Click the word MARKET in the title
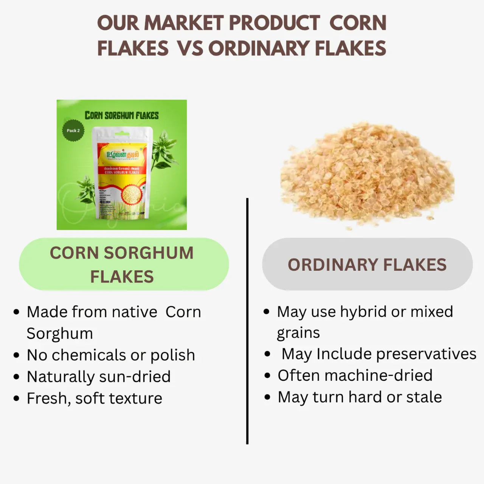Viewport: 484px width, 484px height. point(184,23)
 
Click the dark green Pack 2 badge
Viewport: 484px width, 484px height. point(73,130)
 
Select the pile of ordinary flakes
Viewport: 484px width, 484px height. point(367,176)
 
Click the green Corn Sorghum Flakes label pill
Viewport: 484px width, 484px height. point(124,264)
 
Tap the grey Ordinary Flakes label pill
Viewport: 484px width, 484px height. point(367,264)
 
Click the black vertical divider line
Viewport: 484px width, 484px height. point(247,321)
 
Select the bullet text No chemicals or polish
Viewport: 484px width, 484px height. point(111,355)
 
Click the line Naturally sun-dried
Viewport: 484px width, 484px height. point(99,377)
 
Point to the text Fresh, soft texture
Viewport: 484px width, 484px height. point(95,398)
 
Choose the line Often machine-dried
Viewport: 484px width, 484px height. point(355,375)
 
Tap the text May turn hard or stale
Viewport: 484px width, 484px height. point(360,397)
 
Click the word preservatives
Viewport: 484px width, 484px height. point(426,354)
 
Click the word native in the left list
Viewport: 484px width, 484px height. point(134,312)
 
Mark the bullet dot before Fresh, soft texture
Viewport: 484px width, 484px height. point(16,399)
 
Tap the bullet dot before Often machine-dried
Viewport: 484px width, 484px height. point(267,376)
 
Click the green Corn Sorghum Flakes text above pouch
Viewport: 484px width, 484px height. point(121,115)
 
